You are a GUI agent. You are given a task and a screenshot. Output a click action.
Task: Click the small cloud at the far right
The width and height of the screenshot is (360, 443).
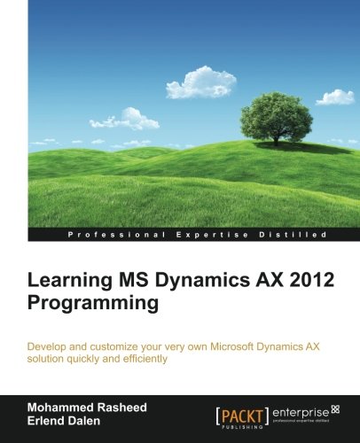(x=334, y=97)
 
